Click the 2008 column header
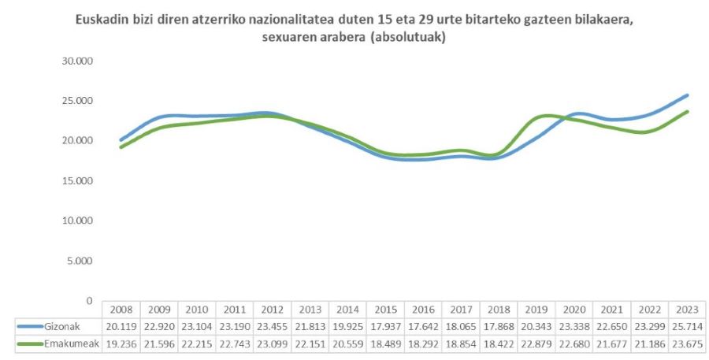pos(121,309)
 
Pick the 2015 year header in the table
pos(385,309)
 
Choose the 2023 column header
pos(687,309)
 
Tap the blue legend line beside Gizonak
pos(28,326)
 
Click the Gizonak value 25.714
pos(687,326)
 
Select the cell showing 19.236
pos(121,343)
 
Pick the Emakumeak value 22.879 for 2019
pos(536,343)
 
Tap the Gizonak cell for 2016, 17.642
pos(423,326)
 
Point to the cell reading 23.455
pos(272,326)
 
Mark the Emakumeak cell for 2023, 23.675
pos(687,343)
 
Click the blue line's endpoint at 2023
pos(688,95)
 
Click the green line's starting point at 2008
pos(121,147)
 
